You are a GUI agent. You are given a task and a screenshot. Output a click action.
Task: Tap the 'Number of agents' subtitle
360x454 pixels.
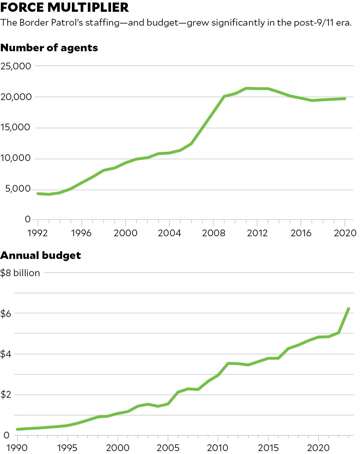49,48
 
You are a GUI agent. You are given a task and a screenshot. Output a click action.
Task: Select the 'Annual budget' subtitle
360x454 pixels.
41,255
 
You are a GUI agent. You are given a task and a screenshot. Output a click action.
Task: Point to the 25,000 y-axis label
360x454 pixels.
16,66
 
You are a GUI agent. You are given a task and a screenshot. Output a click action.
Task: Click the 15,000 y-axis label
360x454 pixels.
16,128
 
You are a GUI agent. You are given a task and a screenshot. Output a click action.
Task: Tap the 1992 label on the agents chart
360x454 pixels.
37,233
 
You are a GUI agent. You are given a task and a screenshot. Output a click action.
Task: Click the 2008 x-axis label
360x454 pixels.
213,233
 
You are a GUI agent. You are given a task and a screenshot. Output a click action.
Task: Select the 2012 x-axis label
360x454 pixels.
257,233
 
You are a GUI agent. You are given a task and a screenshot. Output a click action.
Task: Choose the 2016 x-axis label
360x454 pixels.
301,233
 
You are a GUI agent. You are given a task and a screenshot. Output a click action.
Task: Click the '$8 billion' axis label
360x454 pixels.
20,273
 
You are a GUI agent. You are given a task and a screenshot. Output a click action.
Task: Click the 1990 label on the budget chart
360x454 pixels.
17,447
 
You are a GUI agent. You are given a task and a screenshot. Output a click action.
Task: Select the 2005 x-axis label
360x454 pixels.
168,447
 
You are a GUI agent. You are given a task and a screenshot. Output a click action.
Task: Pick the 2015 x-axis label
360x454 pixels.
268,447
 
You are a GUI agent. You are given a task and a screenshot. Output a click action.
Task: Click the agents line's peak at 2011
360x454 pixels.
246,88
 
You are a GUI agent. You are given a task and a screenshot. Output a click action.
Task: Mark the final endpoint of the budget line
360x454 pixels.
349,309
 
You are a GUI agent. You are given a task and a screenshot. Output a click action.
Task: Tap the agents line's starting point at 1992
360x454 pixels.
38,193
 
